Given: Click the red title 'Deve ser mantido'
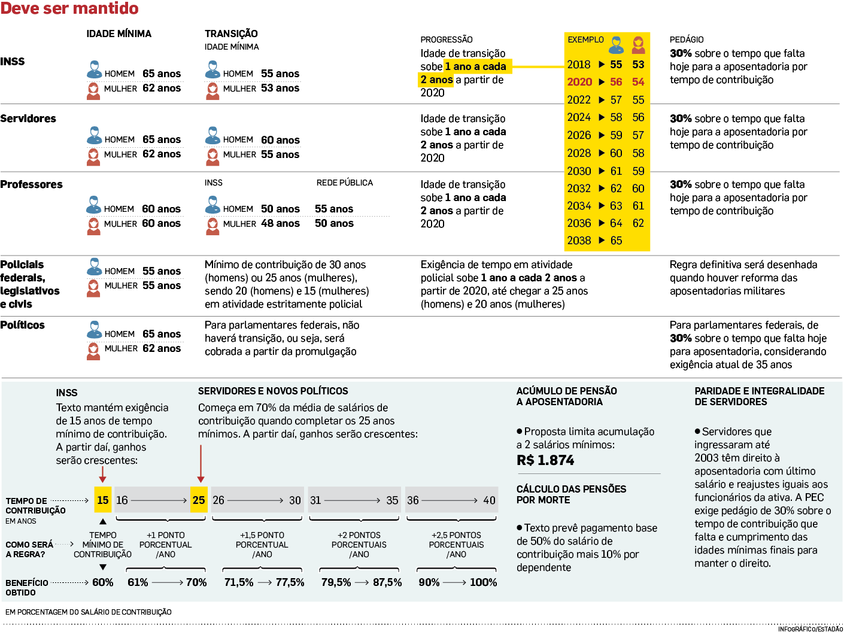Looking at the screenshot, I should tap(69, 9).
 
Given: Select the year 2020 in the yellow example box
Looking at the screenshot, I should tap(579, 82).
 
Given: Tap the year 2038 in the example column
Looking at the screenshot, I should tap(579, 241).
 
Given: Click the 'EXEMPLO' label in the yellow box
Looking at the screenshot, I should tap(585, 40).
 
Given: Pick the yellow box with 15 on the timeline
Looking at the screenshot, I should tap(103, 500).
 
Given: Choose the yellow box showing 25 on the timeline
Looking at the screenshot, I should tap(199, 500).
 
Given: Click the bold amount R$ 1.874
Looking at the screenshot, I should tap(545, 460).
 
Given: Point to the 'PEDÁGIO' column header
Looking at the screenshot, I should tap(687, 39).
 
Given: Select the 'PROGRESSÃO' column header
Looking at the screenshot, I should tap(446, 39).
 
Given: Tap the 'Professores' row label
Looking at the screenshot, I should tap(32, 184).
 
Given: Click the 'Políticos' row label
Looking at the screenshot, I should tap(23, 325).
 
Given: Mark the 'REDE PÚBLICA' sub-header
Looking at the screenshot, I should tap(344, 183).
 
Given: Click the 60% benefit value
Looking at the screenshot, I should tap(102, 582).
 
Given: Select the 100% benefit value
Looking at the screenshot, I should tap(483, 582).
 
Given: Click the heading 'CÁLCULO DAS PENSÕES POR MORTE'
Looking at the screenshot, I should tap(571, 494).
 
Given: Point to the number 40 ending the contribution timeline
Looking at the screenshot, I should tap(489, 500).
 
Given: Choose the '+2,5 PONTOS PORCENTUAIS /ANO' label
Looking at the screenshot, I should tap(456, 545).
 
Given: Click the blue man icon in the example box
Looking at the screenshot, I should tap(616, 44).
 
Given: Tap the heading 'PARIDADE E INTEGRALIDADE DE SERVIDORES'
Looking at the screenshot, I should tap(759, 396).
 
